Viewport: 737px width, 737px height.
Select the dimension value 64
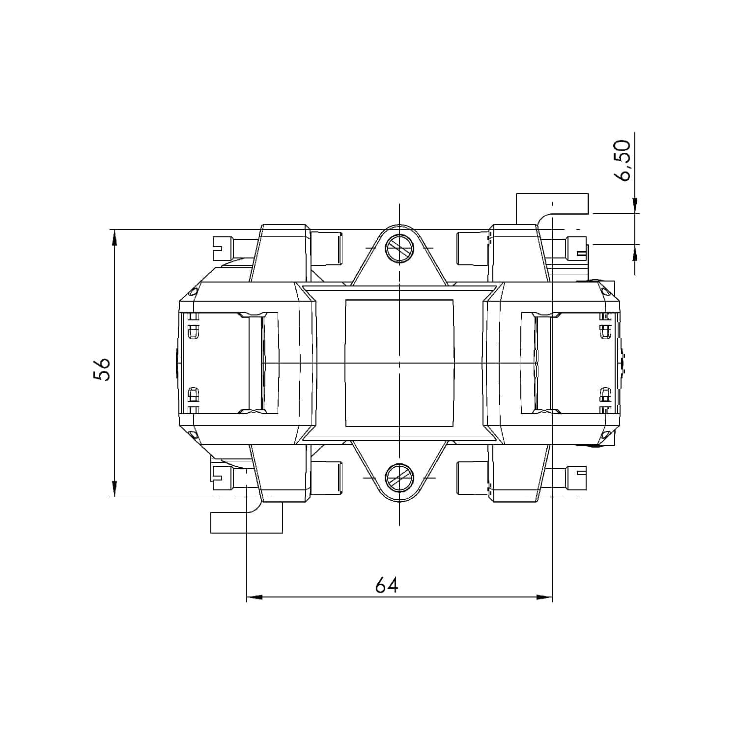click(x=387, y=585)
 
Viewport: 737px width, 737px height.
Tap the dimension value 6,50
click(x=624, y=161)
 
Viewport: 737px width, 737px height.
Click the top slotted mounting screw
click(x=399, y=249)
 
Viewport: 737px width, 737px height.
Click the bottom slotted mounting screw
click(x=399, y=478)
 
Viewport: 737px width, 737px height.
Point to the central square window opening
click(x=399, y=363)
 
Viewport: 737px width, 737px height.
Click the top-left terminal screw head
click(x=222, y=248)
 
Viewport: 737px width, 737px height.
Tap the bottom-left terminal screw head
click(x=222, y=478)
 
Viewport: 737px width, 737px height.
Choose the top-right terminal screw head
click(x=577, y=248)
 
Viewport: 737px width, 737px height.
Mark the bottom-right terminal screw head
click(x=577, y=478)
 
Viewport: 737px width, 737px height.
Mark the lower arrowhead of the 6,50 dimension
click(x=635, y=253)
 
